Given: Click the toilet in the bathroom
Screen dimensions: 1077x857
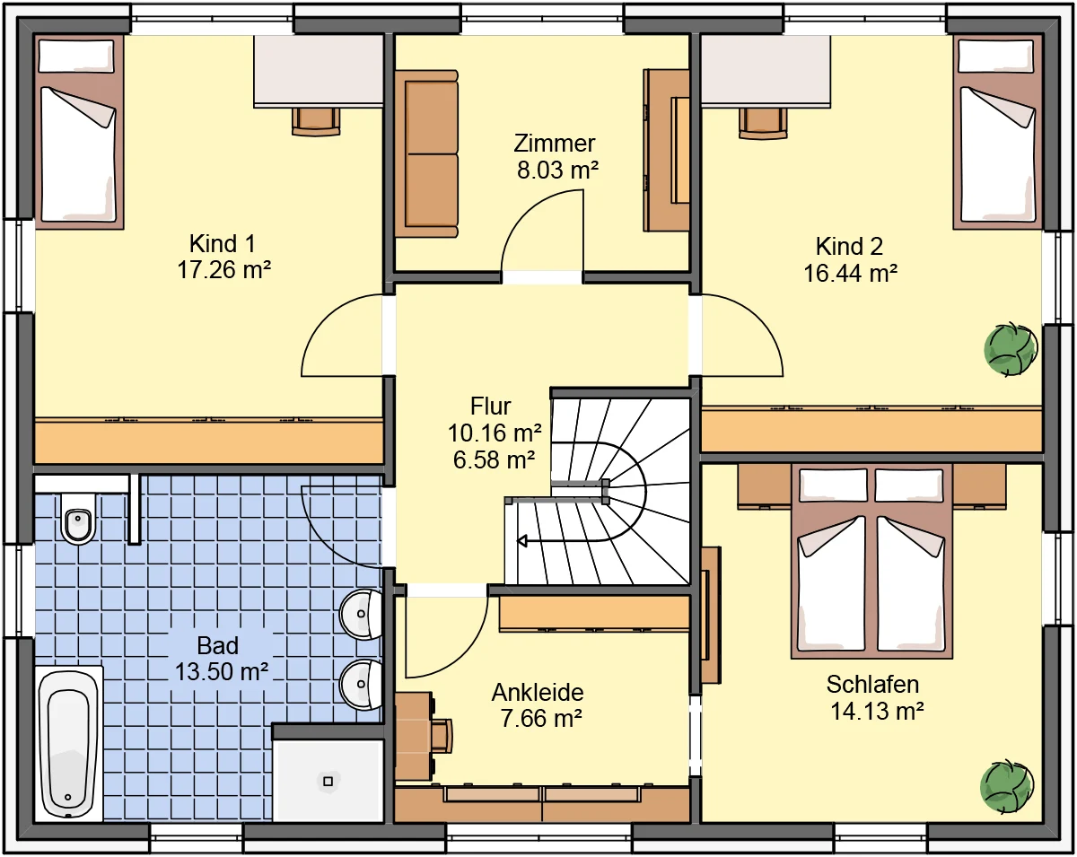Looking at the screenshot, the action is (x=78, y=519).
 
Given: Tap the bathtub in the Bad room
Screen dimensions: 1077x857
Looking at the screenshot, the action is (x=69, y=744).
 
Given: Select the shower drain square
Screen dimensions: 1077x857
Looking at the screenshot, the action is (x=328, y=781).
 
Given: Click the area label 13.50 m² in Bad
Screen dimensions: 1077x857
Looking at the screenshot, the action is (x=221, y=672).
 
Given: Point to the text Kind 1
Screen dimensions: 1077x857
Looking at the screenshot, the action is (x=223, y=244).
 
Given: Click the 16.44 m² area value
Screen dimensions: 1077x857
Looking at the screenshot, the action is (x=850, y=274).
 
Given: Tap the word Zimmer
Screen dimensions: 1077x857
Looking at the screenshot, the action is (x=555, y=144).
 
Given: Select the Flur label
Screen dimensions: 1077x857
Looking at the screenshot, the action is (x=490, y=406).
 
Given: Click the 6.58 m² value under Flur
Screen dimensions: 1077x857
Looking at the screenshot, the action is (x=494, y=459).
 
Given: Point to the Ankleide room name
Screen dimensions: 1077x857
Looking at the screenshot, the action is (x=538, y=693).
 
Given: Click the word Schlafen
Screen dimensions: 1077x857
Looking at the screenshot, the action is (x=872, y=685).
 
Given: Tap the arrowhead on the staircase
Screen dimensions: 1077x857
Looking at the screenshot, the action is (x=522, y=541).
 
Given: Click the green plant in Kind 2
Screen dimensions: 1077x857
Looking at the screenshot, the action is (x=1011, y=349).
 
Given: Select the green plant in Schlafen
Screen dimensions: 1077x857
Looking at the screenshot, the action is (x=1006, y=786).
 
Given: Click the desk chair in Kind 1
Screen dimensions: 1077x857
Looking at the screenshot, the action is (x=316, y=122).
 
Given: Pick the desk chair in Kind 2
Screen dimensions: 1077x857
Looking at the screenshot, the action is (x=763, y=123).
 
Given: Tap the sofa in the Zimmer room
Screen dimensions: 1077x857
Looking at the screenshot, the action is (x=426, y=153).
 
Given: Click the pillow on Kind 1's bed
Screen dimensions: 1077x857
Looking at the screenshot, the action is (x=76, y=56).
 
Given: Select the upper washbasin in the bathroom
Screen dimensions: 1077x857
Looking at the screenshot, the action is (x=361, y=614).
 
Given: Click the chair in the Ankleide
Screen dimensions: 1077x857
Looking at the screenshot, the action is (x=442, y=736).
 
